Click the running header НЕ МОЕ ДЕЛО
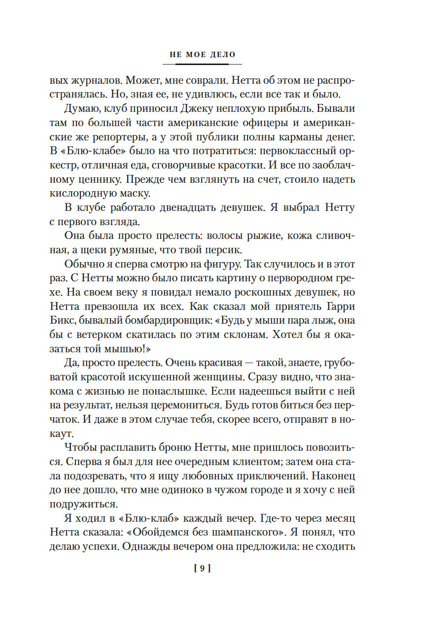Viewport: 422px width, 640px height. coord(202,55)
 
